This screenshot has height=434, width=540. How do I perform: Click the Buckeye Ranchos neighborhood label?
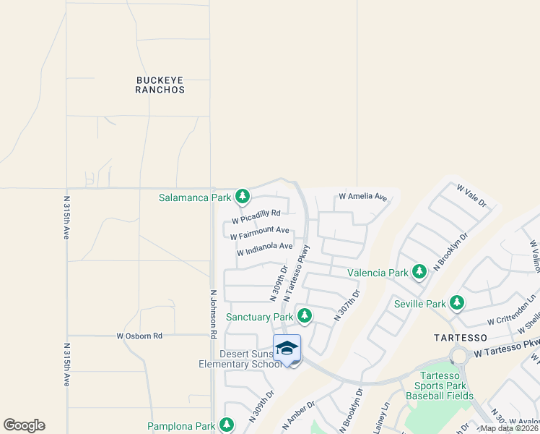[160, 85]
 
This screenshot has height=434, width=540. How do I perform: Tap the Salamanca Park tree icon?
[243, 197]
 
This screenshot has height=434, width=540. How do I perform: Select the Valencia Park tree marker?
[419, 273]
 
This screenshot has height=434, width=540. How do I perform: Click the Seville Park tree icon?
[456, 303]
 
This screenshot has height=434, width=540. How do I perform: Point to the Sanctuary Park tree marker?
[305, 316]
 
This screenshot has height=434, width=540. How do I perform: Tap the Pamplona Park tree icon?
[227, 425]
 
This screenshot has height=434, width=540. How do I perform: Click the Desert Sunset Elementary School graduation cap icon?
[287, 349]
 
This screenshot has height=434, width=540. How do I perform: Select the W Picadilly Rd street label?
[256, 216]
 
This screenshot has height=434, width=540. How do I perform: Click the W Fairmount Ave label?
[259, 234]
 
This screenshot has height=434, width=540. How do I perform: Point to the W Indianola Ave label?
[264, 249]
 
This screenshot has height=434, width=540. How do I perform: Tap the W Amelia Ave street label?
[363, 197]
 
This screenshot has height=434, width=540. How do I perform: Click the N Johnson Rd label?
[213, 315]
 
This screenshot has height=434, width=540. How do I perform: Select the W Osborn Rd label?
[139, 336]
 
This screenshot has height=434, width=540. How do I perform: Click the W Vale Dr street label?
[472, 195]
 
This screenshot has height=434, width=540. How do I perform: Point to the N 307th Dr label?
[347, 305]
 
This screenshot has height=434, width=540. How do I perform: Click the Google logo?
[24, 425]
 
